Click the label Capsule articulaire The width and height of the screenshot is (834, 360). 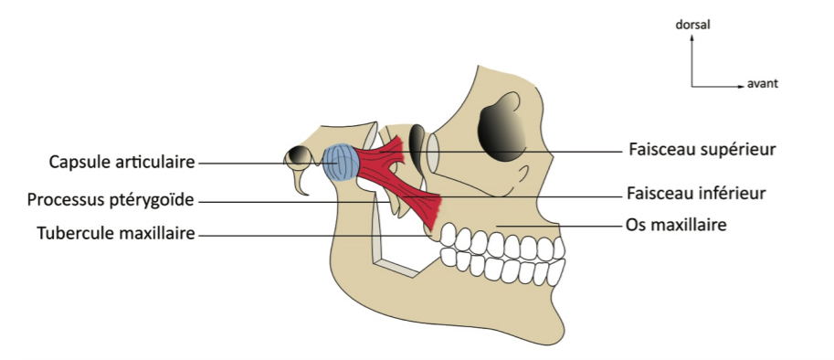(122, 162)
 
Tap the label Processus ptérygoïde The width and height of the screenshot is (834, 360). (111, 200)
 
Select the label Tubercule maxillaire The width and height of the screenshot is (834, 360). (116, 233)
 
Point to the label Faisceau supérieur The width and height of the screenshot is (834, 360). (702, 150)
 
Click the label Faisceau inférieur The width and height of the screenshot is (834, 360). (696, 193)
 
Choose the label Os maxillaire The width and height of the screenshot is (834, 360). (676, 225)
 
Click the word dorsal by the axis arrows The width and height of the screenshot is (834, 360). (692, 25)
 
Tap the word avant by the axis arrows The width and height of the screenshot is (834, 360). (763, 83)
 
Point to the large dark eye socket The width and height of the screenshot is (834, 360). (501, 128)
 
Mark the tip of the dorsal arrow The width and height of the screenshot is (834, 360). (692, 35)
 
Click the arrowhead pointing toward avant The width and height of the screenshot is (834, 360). (742, 86)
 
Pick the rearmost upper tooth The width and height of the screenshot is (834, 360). (449, 234)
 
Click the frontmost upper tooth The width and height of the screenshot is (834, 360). (559, 248)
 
